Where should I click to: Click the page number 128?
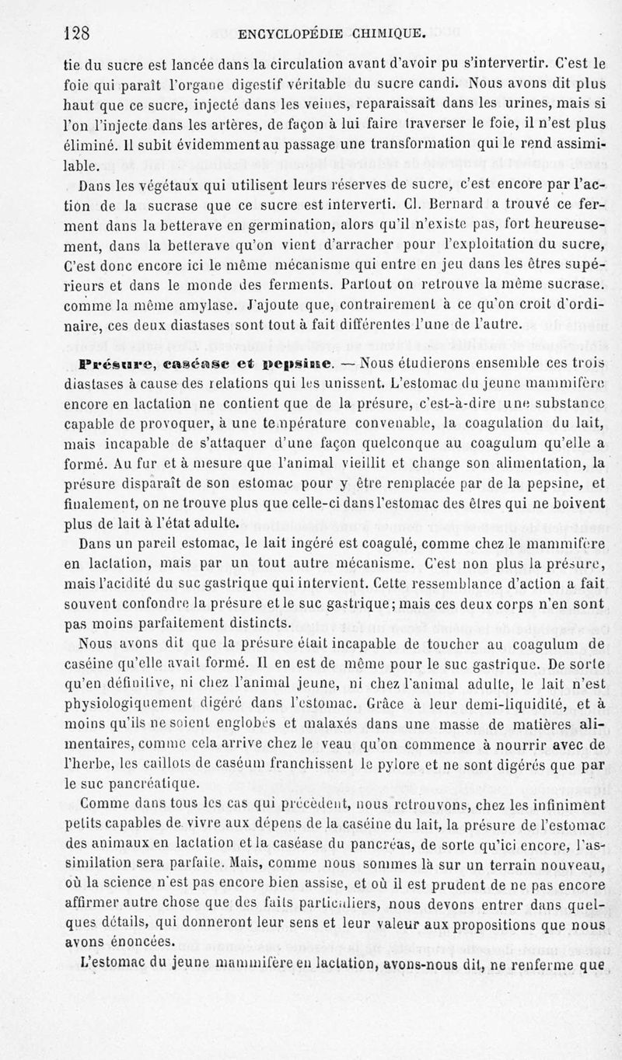click(78, 33)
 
